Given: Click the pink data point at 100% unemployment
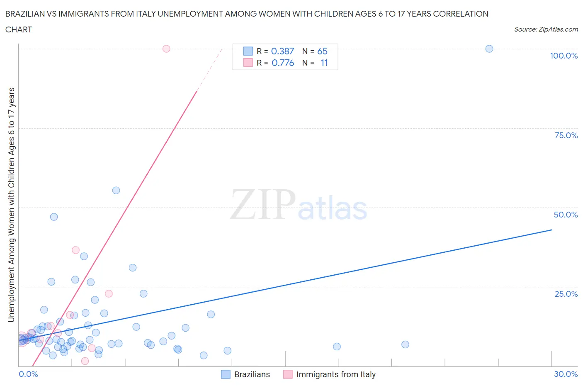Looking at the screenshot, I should click(x=166, y=49).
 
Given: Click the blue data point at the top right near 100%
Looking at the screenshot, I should click(x=489, y=49).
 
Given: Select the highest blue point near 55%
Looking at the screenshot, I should click(x=116, y=191).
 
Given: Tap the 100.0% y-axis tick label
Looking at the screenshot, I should click(x=564, y=56).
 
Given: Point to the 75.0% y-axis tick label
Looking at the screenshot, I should click(x=566, y=135).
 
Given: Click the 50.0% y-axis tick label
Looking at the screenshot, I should click(x=566, y=215).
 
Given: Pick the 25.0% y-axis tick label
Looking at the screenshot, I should click(x=566, y=294).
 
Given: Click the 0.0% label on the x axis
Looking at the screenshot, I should click(x=28, y=374).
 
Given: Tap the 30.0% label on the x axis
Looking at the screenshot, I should click(x=566, y=374).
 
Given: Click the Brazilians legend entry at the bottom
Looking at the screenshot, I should click(x=252, y=374).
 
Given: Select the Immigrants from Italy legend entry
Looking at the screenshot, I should click(x=336, y=374).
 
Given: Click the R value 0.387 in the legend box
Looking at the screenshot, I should click(x=282, y=51).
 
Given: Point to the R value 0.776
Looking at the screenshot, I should click(x=283, y=63).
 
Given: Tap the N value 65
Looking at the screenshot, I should click(x=322, y=51).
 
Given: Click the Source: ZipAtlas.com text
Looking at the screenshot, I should click(x=546, y=29).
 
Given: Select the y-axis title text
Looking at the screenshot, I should click(x=11, y=205).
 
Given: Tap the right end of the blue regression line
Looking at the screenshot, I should click(x=551, y=230).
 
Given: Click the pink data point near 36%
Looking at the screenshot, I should click(x=75, y=250).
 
